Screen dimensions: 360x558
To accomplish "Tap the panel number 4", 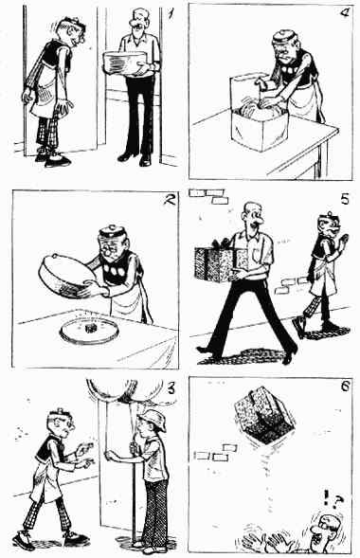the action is click(x=345, y=13).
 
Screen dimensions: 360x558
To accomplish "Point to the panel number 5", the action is click(x=345, y=199).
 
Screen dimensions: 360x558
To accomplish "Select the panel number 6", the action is click(x=346, y=387).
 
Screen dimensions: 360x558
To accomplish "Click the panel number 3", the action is click(x=171, y=388).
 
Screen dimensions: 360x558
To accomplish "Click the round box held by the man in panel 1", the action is click(x=125, y=63).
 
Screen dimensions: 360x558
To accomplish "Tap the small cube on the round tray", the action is click(x=89, y=329).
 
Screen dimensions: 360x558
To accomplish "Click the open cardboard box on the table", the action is click(x=259, y=112).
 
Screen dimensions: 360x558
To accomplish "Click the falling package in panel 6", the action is click(x=264, y=415).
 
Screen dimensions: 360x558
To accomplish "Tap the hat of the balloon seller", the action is click(x=153, y=420).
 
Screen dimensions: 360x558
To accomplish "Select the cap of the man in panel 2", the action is click(x=113, y=232).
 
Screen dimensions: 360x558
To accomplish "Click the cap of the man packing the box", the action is click(x=284, y=37).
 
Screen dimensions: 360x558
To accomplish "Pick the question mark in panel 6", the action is click(x=338, y=501).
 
